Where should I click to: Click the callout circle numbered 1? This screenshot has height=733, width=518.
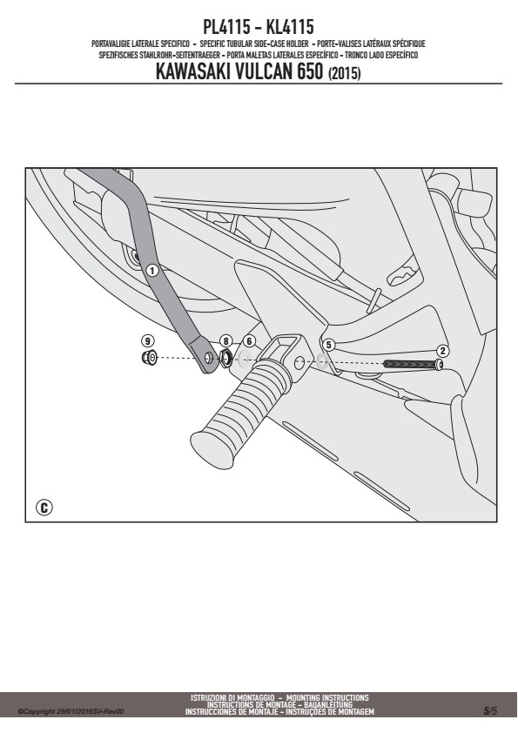(x=151, y=270)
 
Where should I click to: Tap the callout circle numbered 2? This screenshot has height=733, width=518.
(x=442, y=351)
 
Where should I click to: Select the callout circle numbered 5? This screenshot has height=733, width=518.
(x=329, y=345)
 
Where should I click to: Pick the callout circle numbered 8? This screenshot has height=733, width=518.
(x=225, y=341)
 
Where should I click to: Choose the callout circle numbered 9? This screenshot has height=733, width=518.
(x=148, y=340)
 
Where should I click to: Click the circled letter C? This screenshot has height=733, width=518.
(x=44, y=508)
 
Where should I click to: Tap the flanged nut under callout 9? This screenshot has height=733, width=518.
(x=149, y=358)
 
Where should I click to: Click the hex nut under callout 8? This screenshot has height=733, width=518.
(x=225, y=359)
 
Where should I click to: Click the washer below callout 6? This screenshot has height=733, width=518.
(x=244, y=360)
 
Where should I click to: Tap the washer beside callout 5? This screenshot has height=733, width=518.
(x=322, y=360)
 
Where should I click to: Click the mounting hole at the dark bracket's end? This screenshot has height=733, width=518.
(x=209, y=359)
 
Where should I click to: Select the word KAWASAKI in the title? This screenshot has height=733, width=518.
(x=192, y=72)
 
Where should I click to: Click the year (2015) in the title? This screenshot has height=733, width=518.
(x=345, y=73)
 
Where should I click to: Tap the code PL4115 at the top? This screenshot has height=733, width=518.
(x=226, y=27)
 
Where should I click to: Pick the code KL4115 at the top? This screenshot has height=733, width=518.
(x=290, y=27)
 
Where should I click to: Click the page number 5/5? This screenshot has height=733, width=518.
(x=490, y=711)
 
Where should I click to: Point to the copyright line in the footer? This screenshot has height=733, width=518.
(x=71, y=711)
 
